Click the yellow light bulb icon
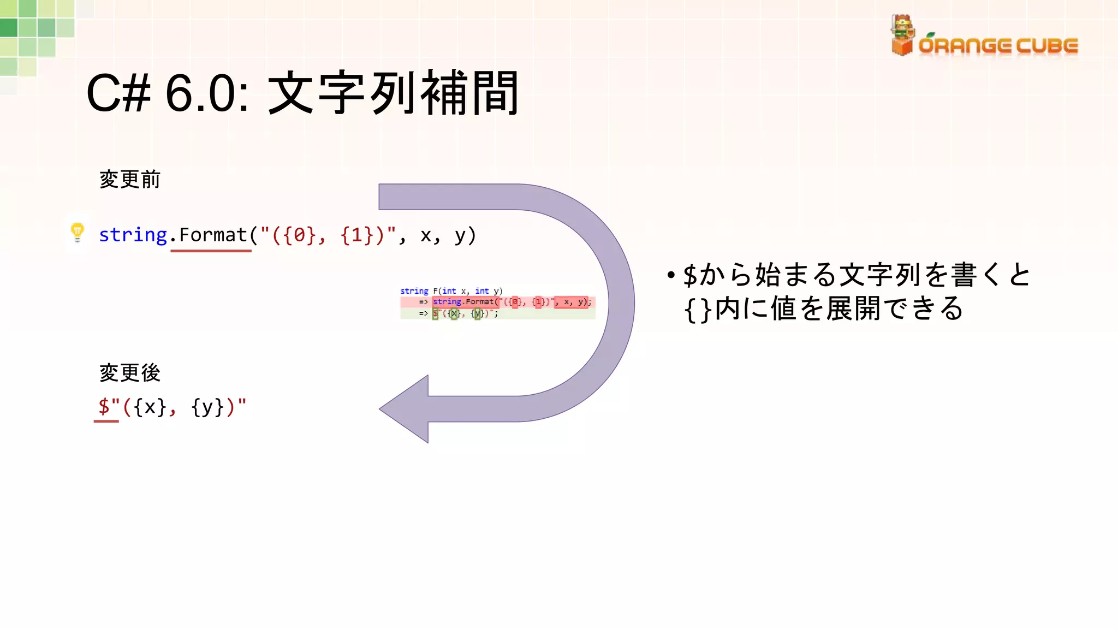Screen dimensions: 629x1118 click(x=78, y=232)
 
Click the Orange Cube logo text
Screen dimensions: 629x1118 click(x=998, y=46)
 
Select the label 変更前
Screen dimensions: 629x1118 click(x=130, y=180)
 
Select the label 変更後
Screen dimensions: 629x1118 click(x=130, y=373)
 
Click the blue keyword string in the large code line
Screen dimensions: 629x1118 click(x=133, y=235)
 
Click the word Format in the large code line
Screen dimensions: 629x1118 click(x=213, y=235)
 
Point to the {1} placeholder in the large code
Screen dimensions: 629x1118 click(x=356, y=235)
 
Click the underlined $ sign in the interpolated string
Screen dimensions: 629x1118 click(x=104, y=407)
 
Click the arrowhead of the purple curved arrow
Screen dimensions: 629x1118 click(x=404, y=409)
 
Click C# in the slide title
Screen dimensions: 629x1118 click(x=118, y=93)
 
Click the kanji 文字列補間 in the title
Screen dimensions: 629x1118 click(x=393, y=93)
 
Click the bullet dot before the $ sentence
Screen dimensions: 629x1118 click(x=671, y=275)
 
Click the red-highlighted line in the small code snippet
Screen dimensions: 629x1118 click(x=497, y=302)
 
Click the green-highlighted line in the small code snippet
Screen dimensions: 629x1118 click(x=497, y=313)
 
